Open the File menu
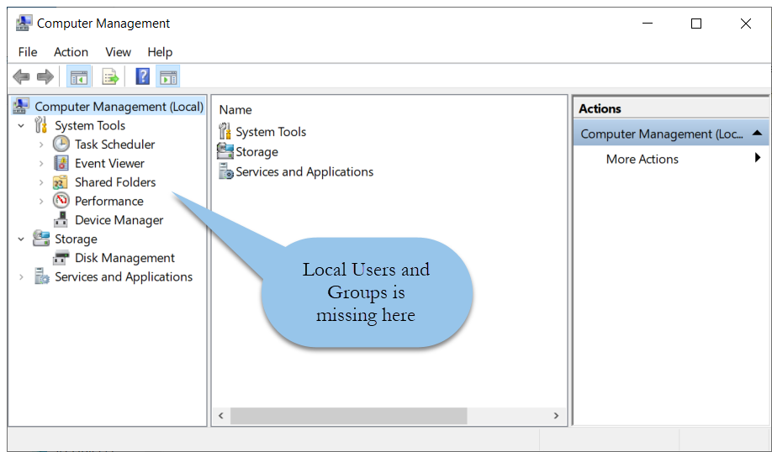pyautogui.click(x=28, y=52)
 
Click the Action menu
pyautogui.click(x=71, y=52)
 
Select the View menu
pyautogui.click(x=119, y=52)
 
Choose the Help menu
pyautogui.click(x=160, y=52)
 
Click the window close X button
pyautogui.click(x=745, y=24)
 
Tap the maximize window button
pyautogui.click(x=696, y=24)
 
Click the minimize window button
pyautogui.click(x=648, y=24)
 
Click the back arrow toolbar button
pyautogui.click(x=21, y=76)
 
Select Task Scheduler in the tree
pyautogui.click(x=114, y=145)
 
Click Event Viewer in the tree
pyautogui.click(x=109, y=163)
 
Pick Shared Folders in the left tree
pyautogui.click(x=115, y=182)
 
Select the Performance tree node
pyautogui.click(x=108, y=201)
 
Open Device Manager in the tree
pyautogui.click(x=119, y=220)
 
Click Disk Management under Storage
pyautogui.click(x=124, y=258)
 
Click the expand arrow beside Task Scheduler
pyautogui.click(x=41, y=145)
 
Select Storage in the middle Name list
pyautogui.click(x=256, y=152)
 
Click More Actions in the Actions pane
pyautogui.click(x=642, y=160)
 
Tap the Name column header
pyautogui.click(x=235, y=110)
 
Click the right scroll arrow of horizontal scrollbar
pyautogui.click(x=556, y=416)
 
